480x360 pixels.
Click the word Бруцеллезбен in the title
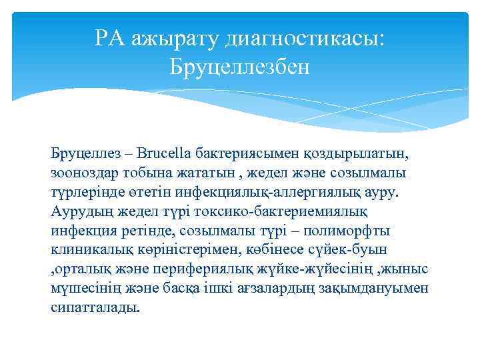(x=239, y=65)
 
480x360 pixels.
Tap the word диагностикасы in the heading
(x=306, y=39)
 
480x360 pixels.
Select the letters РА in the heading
(x=111, y=39)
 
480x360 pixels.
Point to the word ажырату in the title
(x=177, y=39)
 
